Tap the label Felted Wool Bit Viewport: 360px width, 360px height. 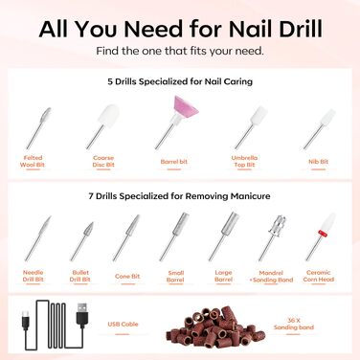tap(33, 161)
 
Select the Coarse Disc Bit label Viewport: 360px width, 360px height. tap(103, 161)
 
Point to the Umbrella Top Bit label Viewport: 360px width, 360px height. tap(244, 161)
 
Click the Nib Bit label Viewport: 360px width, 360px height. tap(318, 162)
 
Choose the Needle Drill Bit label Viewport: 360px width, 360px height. tap(33, 276)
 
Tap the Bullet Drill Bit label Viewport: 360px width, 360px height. tap(80, 276)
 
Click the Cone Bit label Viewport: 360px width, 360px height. tap(127, 276)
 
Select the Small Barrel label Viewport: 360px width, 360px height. tap(175, 277)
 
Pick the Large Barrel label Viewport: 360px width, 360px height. tap(223, 276)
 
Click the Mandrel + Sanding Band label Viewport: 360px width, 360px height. tap(271, 277)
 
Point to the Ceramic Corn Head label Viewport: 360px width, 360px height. tap(319, 276)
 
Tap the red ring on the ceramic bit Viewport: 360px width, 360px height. tap(323, 234)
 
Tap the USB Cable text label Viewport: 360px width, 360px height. tap(123, 324)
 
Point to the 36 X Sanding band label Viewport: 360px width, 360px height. tap(294, 324)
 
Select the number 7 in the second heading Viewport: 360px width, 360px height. tap(91, 196)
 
